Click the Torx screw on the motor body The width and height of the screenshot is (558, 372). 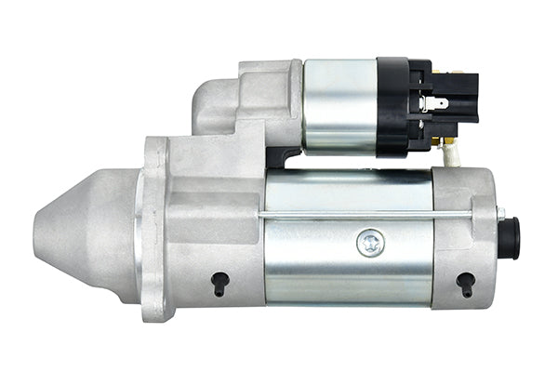370,244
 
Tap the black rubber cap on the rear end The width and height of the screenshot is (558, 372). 509,238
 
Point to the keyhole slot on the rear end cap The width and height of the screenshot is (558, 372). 465,282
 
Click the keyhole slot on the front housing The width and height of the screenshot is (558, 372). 219,283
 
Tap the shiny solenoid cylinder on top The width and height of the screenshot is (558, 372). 339,105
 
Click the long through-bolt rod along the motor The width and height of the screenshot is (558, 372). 372,217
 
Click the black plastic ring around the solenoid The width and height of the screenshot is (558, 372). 392,105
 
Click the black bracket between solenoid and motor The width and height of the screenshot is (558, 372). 282,157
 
